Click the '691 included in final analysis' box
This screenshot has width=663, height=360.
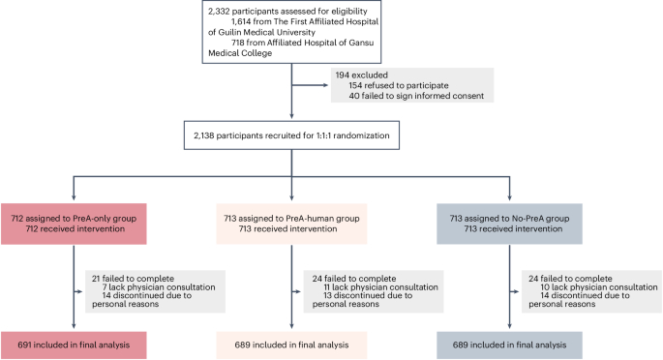coord(74,343)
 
